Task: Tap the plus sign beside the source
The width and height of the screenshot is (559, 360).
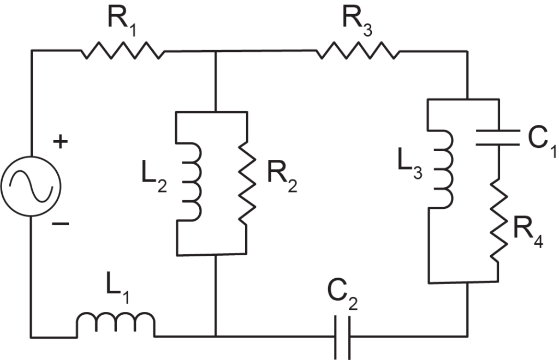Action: [60, 142]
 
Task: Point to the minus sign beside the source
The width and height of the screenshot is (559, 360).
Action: [60, 224]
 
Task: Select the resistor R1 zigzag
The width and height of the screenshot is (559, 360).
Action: [123, 50]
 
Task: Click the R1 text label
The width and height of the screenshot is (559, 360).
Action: [122, 22]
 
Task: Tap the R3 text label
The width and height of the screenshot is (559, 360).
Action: [357, 22]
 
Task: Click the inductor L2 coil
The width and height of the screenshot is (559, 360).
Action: [189, 182]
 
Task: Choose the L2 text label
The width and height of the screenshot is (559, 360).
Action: [154, 181]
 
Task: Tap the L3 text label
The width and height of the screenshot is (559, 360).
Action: [410, 166]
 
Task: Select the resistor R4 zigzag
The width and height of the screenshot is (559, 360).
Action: [498, 220]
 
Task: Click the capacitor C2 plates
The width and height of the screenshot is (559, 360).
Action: [342, 337]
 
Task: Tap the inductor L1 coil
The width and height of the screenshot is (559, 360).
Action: [116, 325]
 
